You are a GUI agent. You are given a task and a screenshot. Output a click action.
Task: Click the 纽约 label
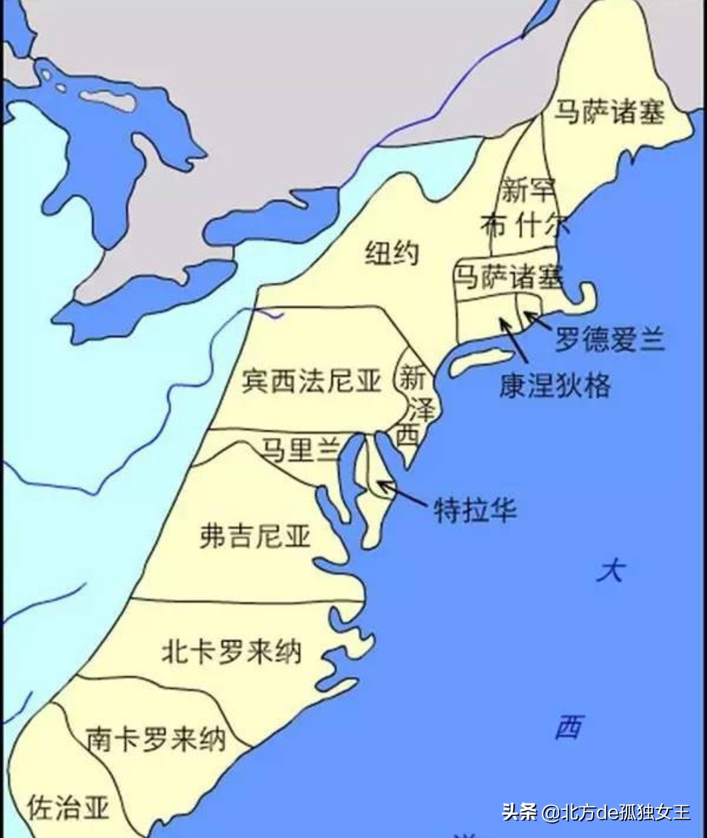[391, 253]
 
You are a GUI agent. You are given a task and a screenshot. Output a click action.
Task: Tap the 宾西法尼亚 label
[312, 380]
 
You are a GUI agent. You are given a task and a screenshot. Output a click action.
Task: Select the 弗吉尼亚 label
[255, 537]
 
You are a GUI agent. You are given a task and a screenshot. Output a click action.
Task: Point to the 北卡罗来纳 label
[231, 651]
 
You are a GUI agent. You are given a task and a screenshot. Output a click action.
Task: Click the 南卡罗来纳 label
[156, 739]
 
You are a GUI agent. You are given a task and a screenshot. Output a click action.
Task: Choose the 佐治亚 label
[68, 808]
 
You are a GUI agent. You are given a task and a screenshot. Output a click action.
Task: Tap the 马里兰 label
[300, 449]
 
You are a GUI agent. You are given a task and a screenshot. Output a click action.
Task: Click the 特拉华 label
[476, 510]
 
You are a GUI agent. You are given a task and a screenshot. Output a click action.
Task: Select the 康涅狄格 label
[555, 386]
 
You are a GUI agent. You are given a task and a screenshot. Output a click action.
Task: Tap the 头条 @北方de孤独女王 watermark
[596, 812]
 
